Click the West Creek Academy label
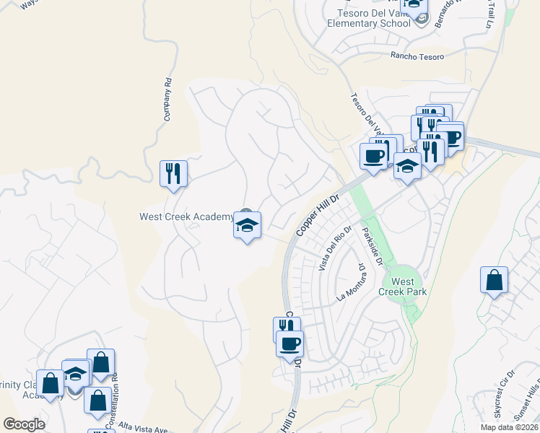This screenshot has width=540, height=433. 186,216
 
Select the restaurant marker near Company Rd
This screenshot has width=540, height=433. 173,174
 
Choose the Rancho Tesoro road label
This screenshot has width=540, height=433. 415,56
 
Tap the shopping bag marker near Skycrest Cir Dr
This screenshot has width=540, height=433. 494,280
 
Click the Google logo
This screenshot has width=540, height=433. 24,424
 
